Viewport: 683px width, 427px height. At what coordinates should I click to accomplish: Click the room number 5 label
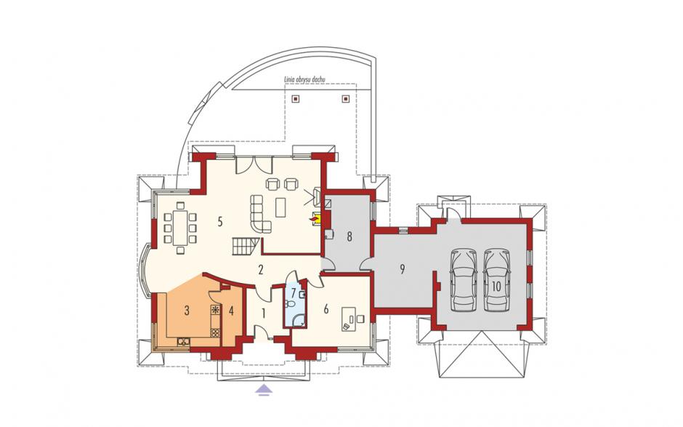[220, 222]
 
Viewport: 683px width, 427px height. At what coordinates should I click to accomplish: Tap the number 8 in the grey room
[349, 237]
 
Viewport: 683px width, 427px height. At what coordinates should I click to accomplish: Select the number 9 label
[403, 269]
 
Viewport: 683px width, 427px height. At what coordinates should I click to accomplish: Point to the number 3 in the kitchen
[187, 311]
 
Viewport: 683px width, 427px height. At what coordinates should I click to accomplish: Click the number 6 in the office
[326, 309]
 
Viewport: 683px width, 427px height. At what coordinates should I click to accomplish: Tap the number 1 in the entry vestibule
[263, 313]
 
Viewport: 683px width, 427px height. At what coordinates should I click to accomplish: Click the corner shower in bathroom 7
[298, 321]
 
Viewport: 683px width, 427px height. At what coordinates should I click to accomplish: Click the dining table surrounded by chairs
[180, 227]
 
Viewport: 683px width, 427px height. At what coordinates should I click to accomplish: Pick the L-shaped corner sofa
[260, 214]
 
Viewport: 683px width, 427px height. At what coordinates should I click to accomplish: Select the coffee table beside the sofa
[281, 207]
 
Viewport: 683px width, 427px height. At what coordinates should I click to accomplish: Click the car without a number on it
[464, 279]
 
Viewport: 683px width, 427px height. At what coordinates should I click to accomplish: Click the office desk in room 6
[349, 319]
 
